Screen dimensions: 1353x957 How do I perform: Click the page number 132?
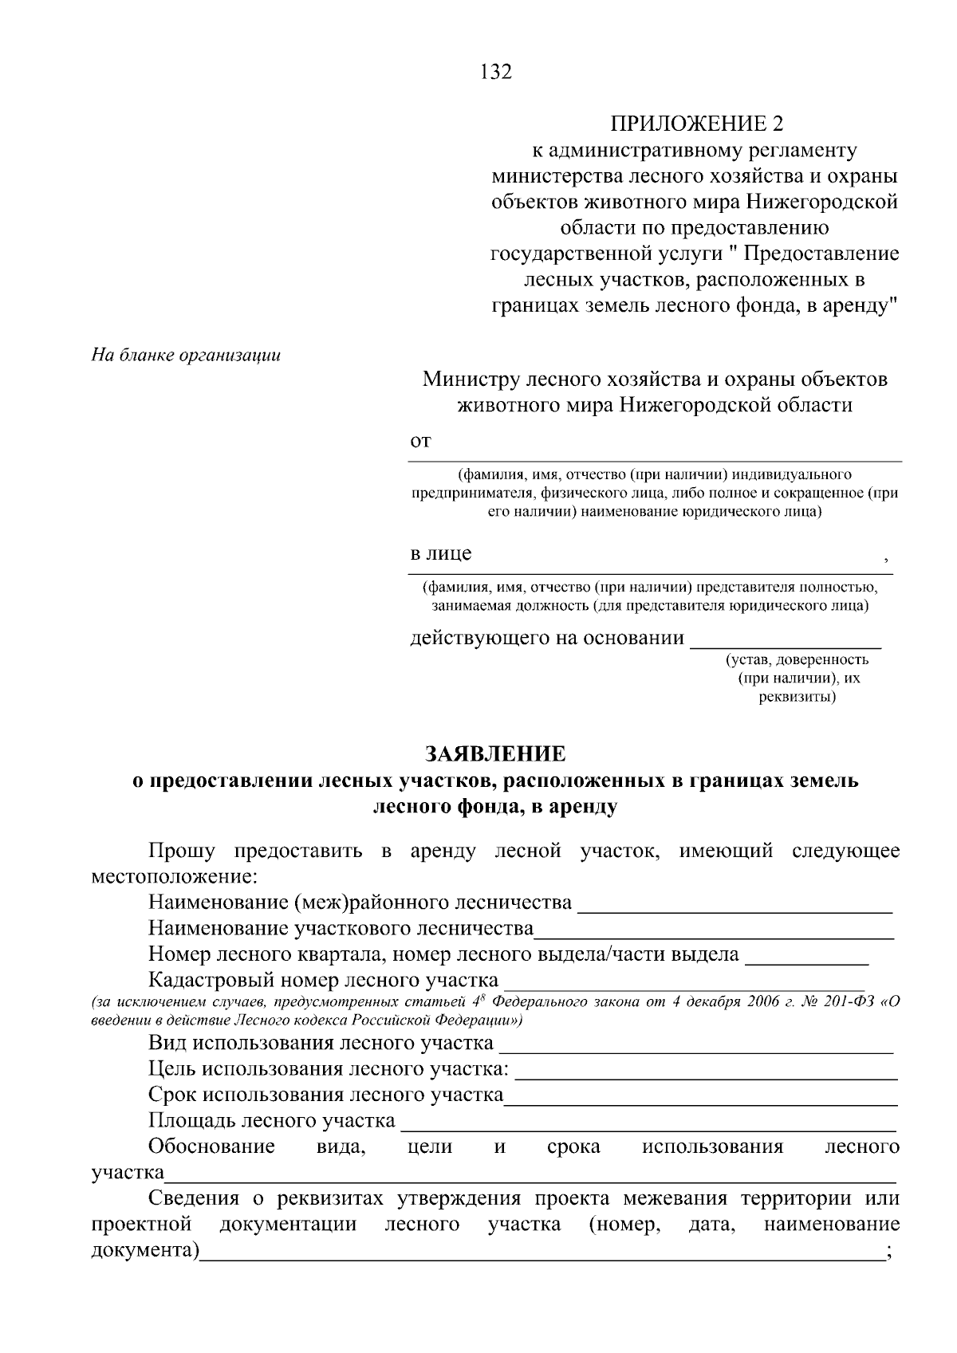(496, 72)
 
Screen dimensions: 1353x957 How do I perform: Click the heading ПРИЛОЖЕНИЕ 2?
(697, 124)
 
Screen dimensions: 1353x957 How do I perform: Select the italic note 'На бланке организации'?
(186, 355)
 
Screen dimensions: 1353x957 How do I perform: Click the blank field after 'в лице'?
(678, 562)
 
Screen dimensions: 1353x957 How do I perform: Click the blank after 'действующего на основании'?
(785, 642)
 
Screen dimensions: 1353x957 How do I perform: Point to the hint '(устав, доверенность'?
(796, 660)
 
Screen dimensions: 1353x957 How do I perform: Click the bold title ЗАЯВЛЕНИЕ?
(495, 753)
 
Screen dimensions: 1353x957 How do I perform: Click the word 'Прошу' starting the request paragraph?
(181, 851)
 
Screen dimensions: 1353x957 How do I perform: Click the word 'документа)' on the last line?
(144, 1249)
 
